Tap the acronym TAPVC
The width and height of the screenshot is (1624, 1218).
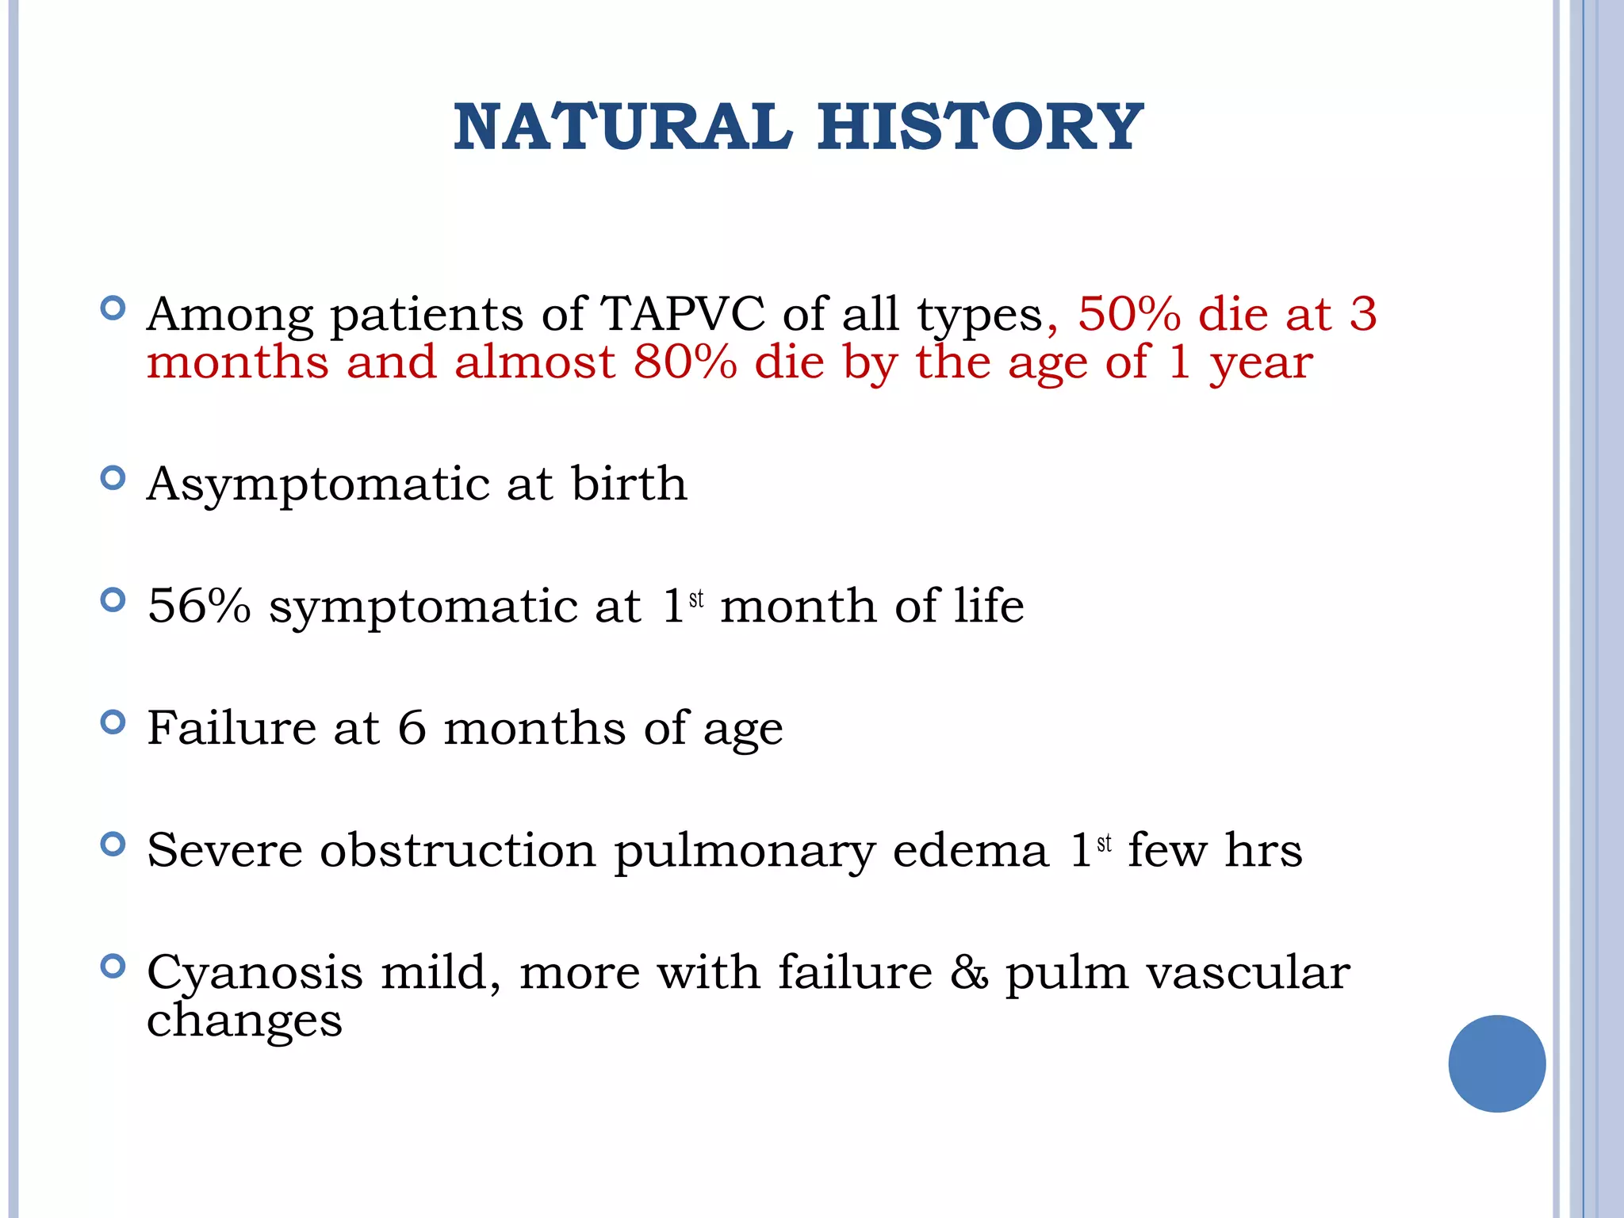click(x=682, y=314)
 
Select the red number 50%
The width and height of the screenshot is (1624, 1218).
click(x=1128, y=314)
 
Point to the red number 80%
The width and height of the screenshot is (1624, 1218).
click(x=685, y=362)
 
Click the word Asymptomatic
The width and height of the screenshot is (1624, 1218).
click(x=318, y=485)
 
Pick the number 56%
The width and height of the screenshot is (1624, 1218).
click(x=199, y=607)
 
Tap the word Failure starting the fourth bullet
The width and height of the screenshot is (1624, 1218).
click(x=232, y=728)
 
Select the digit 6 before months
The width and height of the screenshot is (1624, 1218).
click(x=412, y=728)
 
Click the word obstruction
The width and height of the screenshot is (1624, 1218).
click(x=458, y=850)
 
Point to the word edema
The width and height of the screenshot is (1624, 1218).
click(x=971, y=850)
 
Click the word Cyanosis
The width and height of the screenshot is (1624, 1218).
click(x=255, y=973)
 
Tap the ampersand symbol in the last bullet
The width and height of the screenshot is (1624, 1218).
click(x=969, y=973)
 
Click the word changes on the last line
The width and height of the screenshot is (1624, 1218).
click(x=244, y=1021)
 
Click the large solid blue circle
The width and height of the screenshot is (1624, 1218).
click(x=1496, y=1063)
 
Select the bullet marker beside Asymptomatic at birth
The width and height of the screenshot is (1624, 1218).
click(x=113, y=477)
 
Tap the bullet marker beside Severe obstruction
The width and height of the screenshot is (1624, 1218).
click(x=113, y=844)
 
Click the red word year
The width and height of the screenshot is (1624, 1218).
click(x=1261, y=364)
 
